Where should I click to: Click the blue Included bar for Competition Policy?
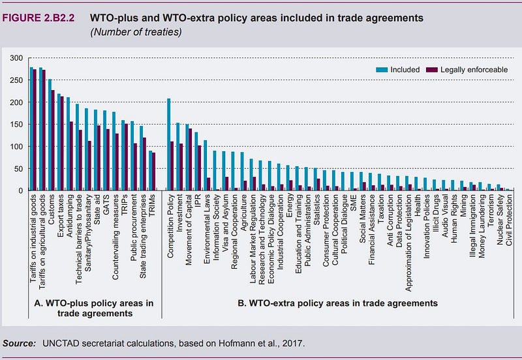168,145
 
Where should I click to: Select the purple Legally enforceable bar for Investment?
181,167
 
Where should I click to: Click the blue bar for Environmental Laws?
205,165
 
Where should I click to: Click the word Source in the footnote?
20,343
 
